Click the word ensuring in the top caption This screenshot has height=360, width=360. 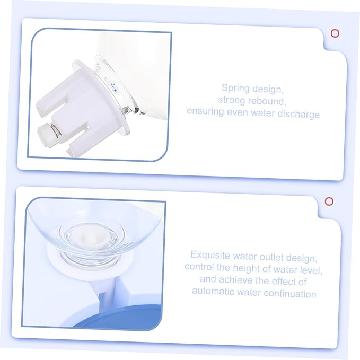pos(205,112)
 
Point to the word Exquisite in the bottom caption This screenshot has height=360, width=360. pos(210,255)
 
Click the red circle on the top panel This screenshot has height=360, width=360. pos(335,33)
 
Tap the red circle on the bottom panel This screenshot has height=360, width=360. pos(329,201)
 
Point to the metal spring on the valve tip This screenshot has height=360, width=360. pos(56,130)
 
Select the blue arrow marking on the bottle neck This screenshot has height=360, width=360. pos(112,86)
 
